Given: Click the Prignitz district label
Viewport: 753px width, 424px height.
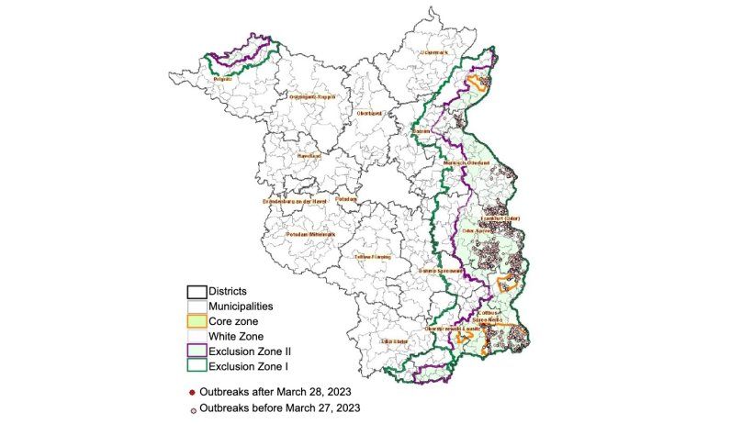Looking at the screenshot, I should [x=222, y=81].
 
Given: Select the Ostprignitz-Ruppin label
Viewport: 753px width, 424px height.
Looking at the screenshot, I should [x=312, y=96].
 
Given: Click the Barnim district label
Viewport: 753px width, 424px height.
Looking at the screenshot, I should [x=421, y=131].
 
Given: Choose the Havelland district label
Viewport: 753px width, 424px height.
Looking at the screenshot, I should [x=308, y=156].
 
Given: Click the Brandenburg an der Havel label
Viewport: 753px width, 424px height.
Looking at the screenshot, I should [x=295, y=201].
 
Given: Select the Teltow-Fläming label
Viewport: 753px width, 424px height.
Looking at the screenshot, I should [x=372, y=257].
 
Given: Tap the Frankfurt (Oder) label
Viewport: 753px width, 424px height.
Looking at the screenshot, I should [x=500, y=218].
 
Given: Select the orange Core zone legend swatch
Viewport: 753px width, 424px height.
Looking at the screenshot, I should [x=195, y=322].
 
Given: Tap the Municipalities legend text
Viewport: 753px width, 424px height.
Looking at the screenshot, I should [x=242, y=307].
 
